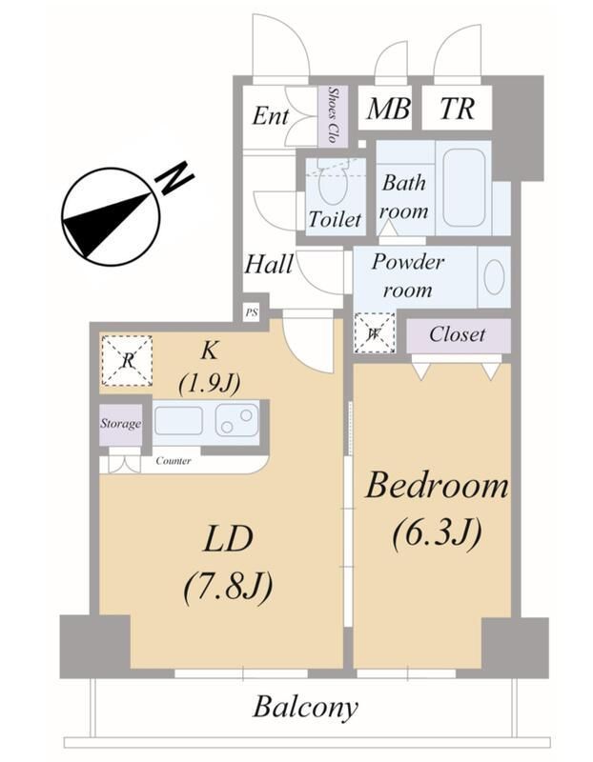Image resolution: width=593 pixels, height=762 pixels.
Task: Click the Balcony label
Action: click(305, 707)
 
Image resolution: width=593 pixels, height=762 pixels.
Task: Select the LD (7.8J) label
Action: click(228, 563)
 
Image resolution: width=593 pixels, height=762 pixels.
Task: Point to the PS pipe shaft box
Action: click(252, 312)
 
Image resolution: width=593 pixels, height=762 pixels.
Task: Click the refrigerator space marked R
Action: click(127, 361)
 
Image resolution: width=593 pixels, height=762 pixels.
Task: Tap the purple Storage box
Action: click(121, 425)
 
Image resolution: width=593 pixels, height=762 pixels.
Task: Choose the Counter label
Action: click(174, 461)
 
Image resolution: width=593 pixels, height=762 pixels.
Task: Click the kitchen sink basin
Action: click(178, 421)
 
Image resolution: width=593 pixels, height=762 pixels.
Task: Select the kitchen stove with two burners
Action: click(237, 421)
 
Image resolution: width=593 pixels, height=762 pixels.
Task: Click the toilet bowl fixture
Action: click(334, 185)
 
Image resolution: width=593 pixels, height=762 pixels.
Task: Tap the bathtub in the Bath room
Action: click(464, 187)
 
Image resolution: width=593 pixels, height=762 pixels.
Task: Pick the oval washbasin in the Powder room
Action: click(494, 277)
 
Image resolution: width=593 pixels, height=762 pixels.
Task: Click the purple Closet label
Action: click(458, 335)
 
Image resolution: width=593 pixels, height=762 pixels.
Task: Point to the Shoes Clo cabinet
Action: click(333, 116)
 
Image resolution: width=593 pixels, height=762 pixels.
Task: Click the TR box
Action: click(458, 108)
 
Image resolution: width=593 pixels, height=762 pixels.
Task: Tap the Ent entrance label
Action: click(271, 116)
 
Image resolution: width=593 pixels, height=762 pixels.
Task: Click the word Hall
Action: click(269, 265)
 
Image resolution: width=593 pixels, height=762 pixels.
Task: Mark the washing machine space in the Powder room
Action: click(374, 332)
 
